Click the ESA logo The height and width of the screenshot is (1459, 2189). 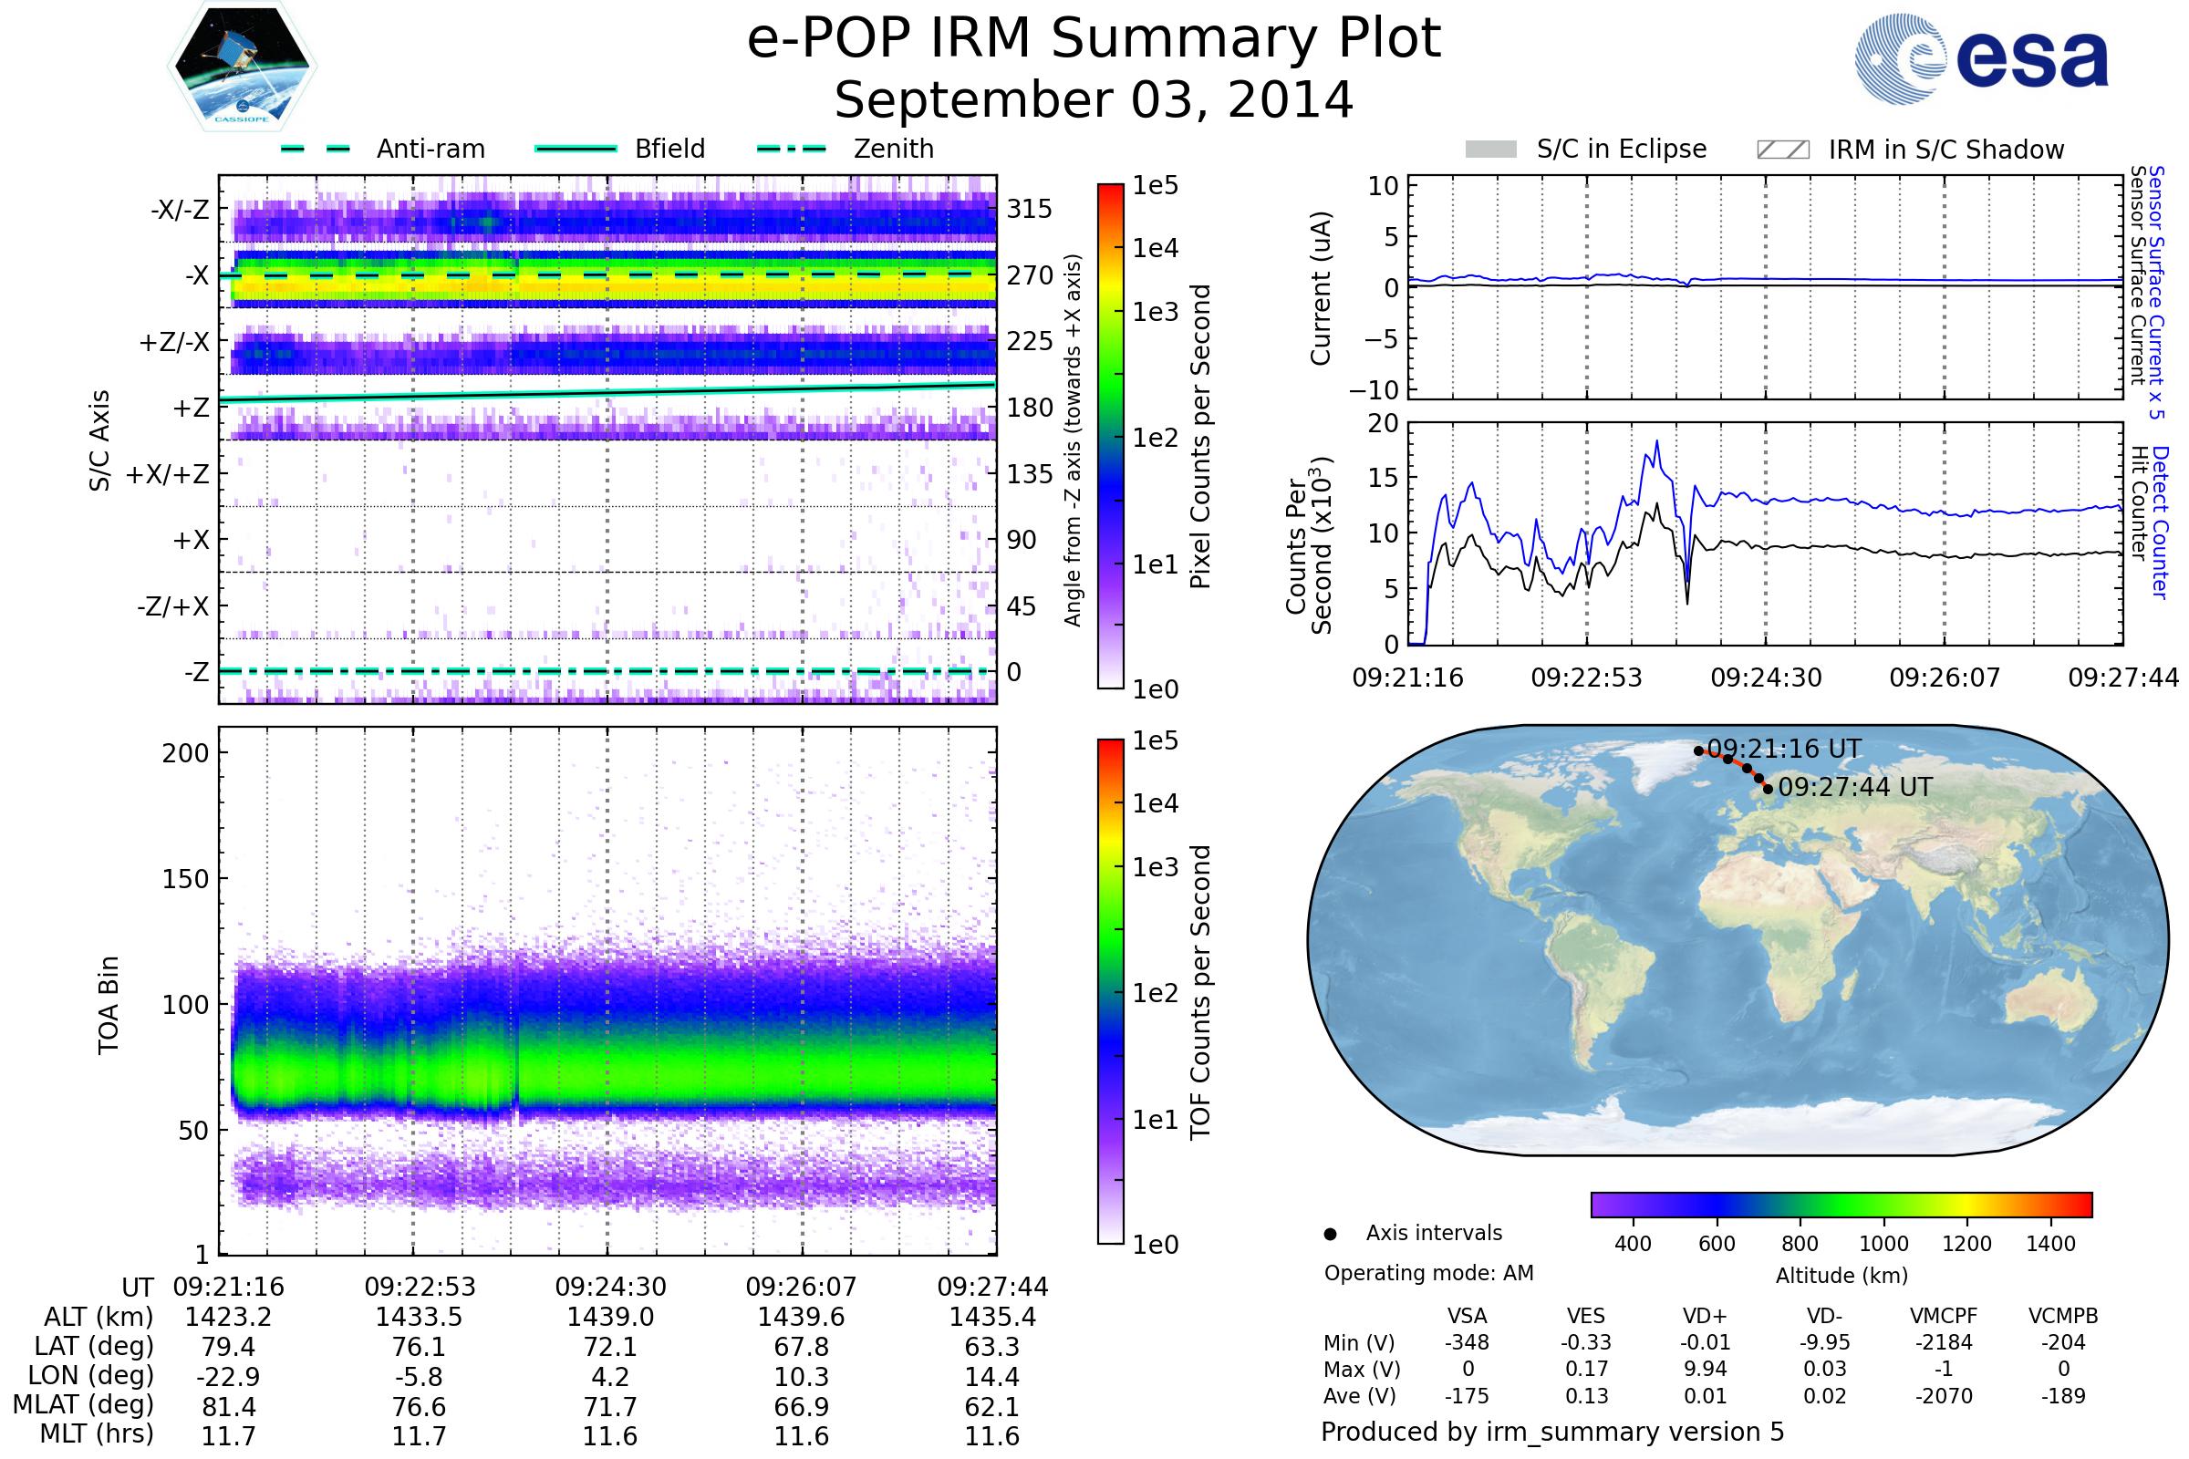pos(1981,57)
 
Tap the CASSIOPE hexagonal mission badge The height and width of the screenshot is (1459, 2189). pos(242,66)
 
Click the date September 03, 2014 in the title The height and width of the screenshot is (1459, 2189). pos(1094,99)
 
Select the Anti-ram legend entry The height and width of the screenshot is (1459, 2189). pos(383,149)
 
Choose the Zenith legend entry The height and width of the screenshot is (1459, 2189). pos(846,149)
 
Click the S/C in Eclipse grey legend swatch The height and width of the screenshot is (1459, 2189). pos(1491,150)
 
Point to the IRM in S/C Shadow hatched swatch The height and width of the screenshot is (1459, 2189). pos(1783,150)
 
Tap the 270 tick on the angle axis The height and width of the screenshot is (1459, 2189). pos(1030,275)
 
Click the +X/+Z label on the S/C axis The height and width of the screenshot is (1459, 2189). pos(168,474)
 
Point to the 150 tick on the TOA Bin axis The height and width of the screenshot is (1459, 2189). pos(185,879)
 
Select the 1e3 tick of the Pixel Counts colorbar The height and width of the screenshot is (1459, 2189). pos(1155,312)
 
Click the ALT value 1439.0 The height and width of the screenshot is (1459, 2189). pos(610,1318)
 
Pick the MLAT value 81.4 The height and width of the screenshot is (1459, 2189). pos(229,1407)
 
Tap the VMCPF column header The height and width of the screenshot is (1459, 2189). pos(1944,1317)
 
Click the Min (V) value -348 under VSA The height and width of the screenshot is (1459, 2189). pos(1467,1342)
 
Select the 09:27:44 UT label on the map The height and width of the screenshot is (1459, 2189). pos(1855,787)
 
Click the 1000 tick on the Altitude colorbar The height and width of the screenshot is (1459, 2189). pos(1883,1244)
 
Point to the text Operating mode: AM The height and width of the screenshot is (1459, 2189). pos(1428,1273)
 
